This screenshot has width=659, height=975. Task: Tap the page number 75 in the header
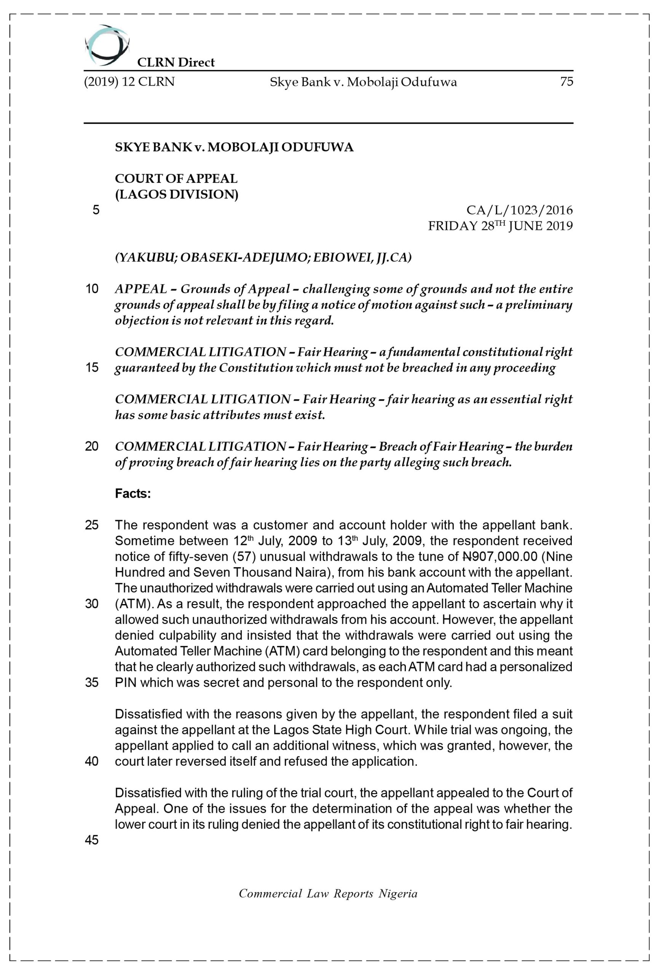click(566, 82)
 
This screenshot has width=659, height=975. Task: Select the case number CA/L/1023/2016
click(519, 210)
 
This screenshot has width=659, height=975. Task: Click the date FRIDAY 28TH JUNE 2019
click(500, 226)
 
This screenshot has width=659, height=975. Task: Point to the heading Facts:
click(132, 494)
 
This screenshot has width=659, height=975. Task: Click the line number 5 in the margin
click(96, 210)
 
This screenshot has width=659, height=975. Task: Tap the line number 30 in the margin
click(92, 604)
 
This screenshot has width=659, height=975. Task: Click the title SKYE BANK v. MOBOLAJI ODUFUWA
click(234, 147)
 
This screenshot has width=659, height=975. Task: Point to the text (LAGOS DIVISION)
click(177, 195)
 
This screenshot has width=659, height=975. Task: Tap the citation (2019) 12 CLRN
click(129, 82)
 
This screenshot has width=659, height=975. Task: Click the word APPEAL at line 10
click(141, 289)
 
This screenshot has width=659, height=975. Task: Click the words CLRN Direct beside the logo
click(176, 62)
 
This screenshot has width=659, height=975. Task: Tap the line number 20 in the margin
click(92, 446)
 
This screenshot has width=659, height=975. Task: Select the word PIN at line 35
click(125, 682)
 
